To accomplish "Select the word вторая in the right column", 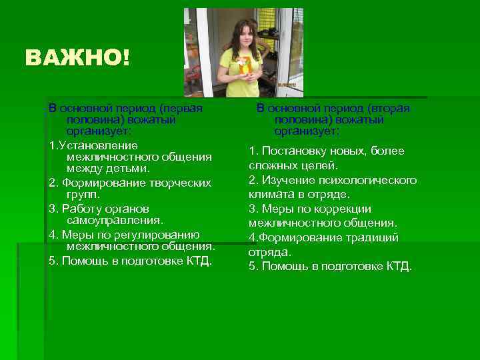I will coord(390,108).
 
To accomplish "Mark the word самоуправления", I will coord(115,220).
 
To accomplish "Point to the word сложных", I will coord(272,165).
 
